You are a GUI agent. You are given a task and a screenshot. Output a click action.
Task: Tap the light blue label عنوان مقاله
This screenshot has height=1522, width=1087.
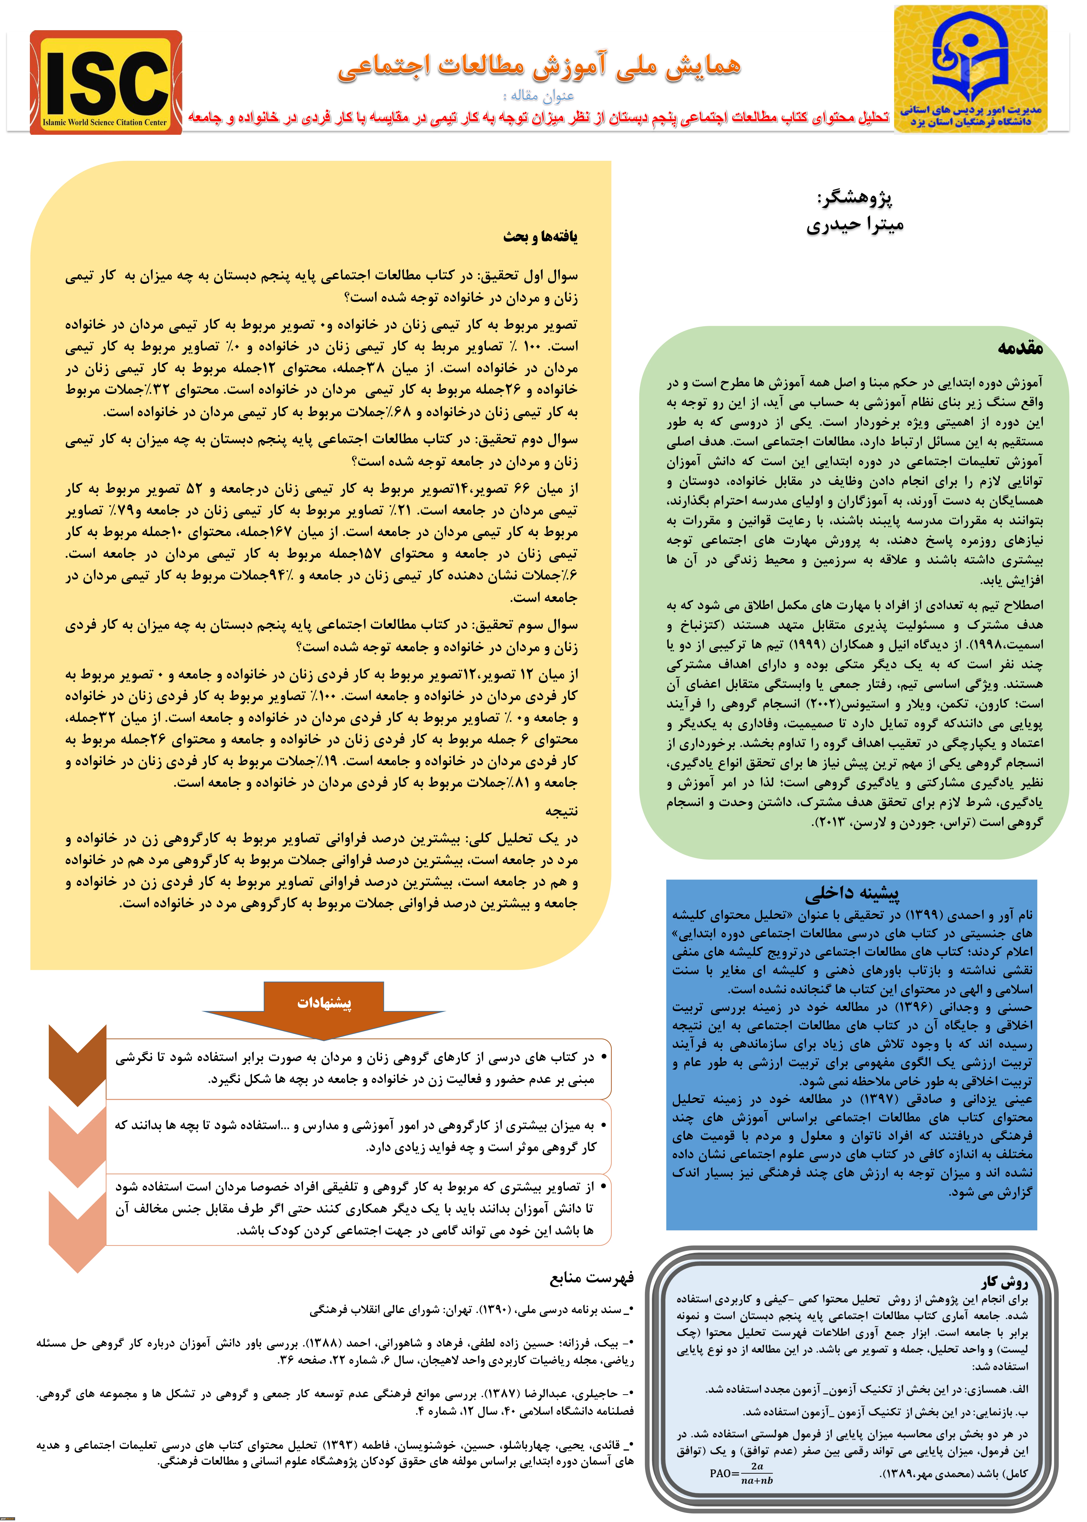point(543,96)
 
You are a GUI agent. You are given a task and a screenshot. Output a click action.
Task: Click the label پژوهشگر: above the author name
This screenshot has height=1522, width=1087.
point(855,198)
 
